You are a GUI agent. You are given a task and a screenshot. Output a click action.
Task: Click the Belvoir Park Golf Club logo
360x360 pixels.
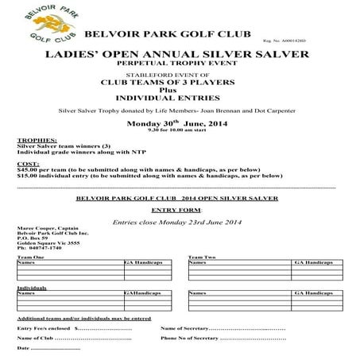39,29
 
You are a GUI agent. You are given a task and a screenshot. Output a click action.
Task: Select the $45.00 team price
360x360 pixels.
29,168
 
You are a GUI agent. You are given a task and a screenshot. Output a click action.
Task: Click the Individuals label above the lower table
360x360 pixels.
32,288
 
